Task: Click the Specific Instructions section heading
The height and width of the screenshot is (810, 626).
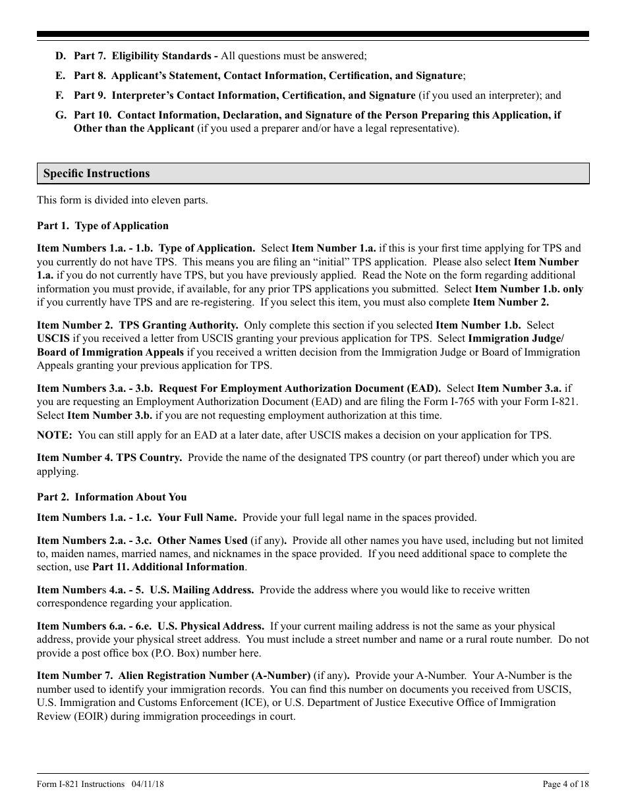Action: coord(96,174)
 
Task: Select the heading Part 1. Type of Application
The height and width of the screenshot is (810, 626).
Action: coord(103,226)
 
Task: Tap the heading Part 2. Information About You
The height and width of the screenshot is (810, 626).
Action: coord(112,497)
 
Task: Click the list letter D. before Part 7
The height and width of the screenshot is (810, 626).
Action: coord(61,57)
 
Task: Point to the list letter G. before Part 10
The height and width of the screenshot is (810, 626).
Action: coord(61,115)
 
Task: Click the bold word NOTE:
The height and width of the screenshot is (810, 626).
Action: coord(54,435)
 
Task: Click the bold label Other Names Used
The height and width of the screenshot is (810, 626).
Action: coord(202,541)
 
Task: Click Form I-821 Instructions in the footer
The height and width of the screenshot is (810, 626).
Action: coord(80,784)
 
